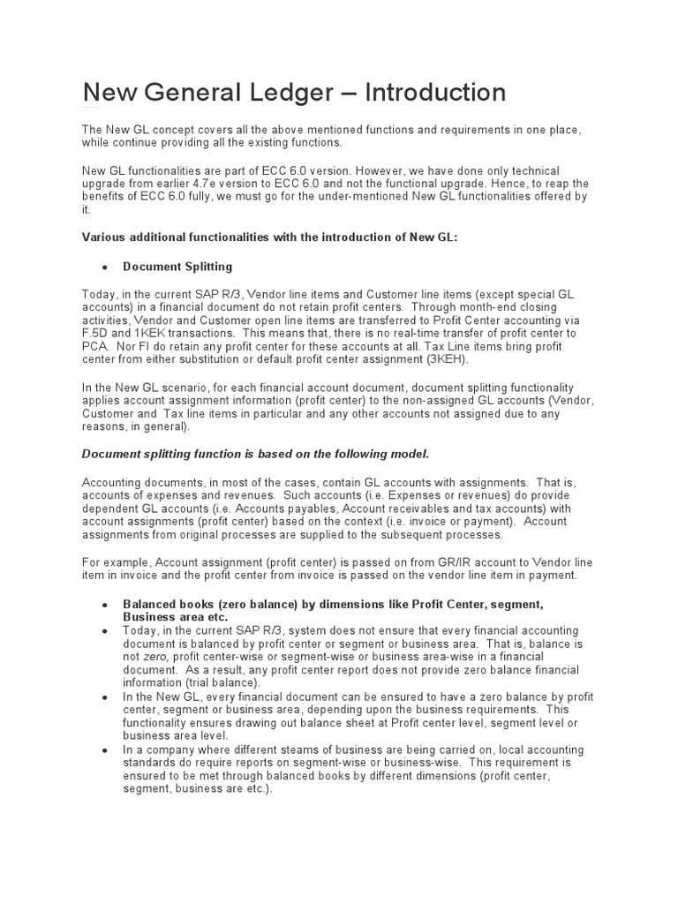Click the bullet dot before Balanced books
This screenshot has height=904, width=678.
point(105,605)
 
